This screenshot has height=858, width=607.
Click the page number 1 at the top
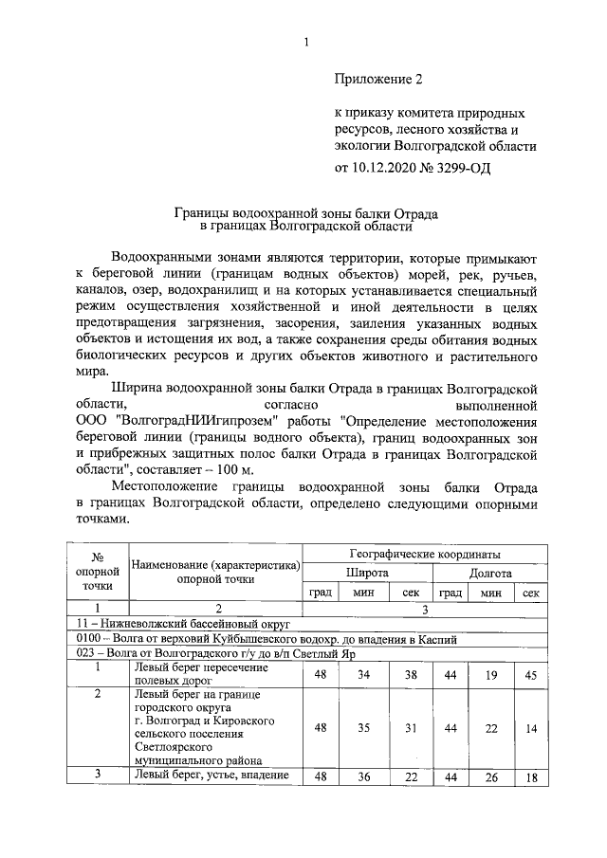[306, 41]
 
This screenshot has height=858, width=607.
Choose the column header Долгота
[490, 574]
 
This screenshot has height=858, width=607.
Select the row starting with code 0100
[266, 640]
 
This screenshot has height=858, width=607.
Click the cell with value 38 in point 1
[411, 675]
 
